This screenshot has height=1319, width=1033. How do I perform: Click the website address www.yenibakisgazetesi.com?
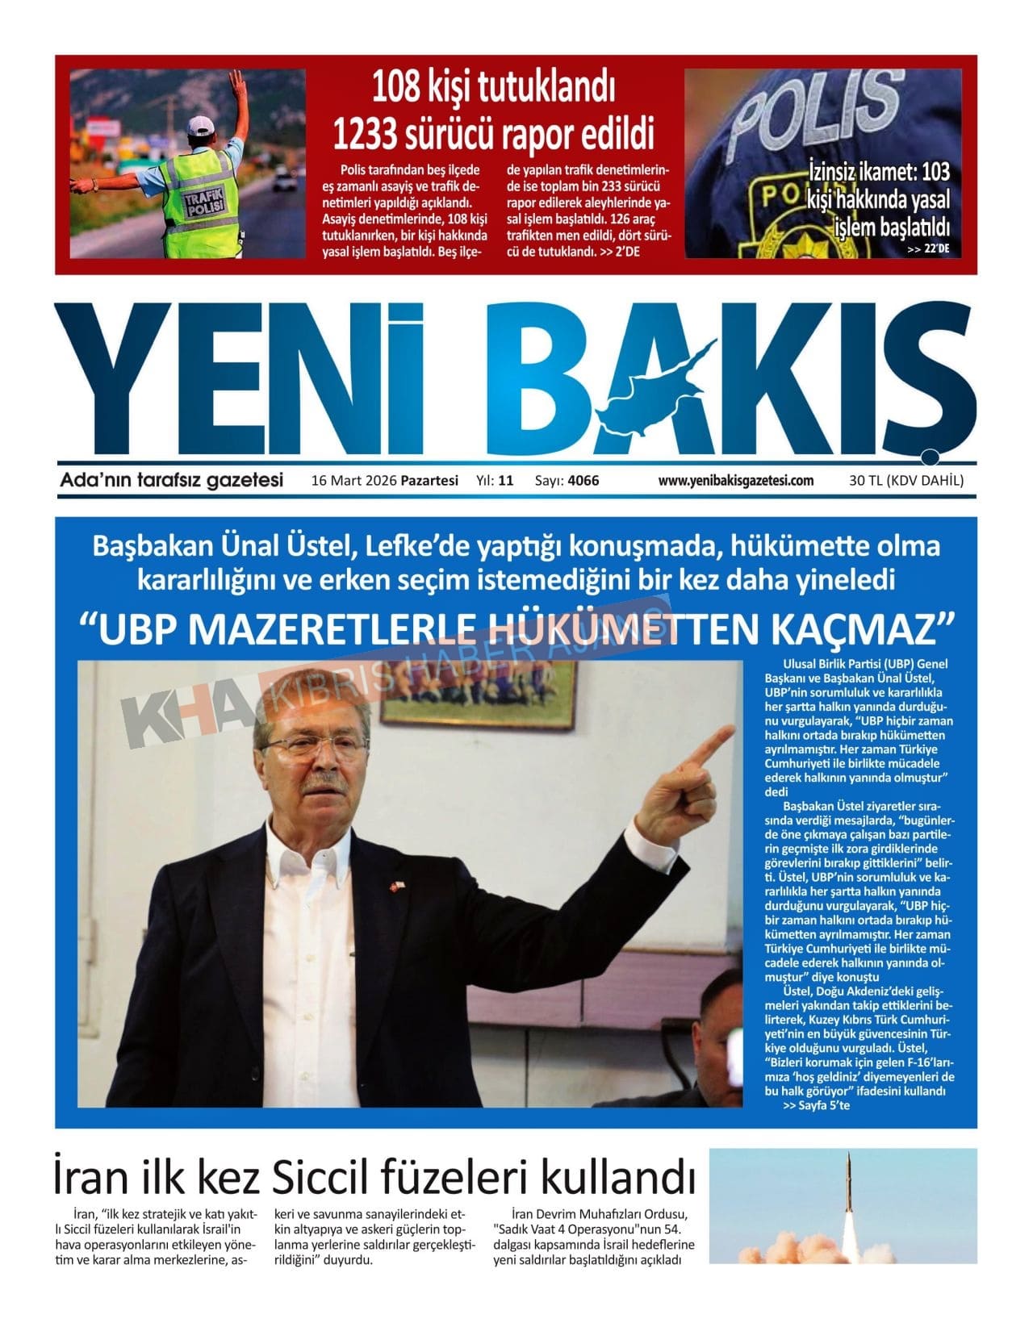[x=735, y=481]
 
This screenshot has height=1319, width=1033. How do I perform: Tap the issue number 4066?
[x=583, y=481]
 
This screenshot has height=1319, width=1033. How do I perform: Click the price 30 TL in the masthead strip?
[x=864, y=481]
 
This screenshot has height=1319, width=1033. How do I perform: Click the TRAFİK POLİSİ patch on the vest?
[x=198, y=202]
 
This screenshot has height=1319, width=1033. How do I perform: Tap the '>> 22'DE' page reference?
[x=928, y=249]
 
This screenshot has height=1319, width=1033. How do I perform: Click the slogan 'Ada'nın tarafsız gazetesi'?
[x=171, y=481]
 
